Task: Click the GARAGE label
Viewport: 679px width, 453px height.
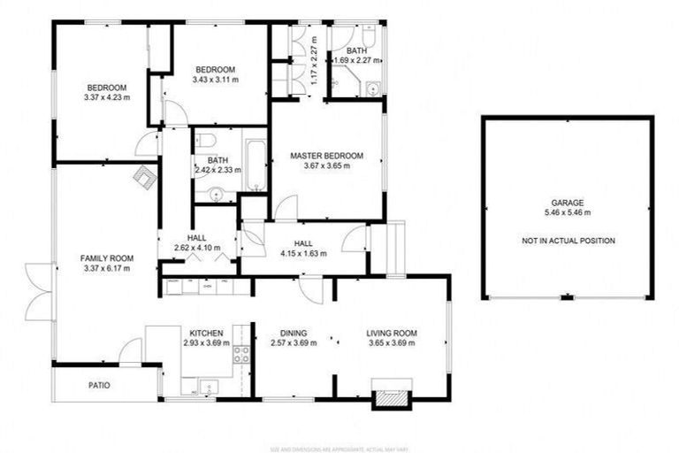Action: click(x=568, y=203)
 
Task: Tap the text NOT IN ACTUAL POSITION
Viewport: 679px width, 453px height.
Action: click(x=568, y=241)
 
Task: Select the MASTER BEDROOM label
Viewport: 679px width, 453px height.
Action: click(x=327, y=156)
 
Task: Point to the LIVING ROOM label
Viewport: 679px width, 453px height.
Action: click(x=392, y=334)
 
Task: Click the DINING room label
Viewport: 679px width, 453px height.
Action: click(x=293, y=334)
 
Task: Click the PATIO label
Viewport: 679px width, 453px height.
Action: click(x=99, y=386)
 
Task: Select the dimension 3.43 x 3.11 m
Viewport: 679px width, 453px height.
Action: click(x=214, y=80)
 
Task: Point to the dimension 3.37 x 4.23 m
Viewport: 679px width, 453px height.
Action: click(x=106, y=97)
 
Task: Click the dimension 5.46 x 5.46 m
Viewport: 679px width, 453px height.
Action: click(x=568, y=213)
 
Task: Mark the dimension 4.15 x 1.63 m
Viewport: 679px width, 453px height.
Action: click(x=303, y=253)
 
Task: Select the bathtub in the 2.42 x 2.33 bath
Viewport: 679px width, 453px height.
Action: click(x=255, y=165)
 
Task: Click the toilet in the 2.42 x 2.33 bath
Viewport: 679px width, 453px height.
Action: click(x=204, y=140)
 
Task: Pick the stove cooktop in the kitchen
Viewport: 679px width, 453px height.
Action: click(x=240, y=355)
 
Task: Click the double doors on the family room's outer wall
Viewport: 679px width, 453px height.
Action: click(x=40, y=291)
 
